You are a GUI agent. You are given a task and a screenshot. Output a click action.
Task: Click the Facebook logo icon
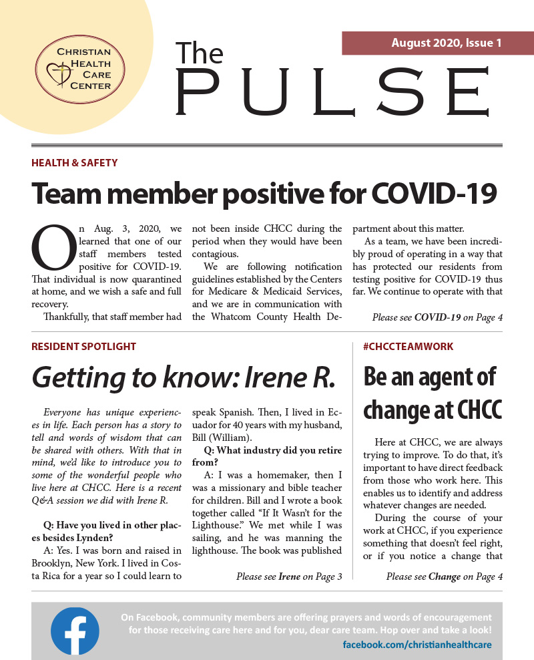coord(75,631)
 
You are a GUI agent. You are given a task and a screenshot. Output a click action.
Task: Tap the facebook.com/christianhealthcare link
coord(417,645)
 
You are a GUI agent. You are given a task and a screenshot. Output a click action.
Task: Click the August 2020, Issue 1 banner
coord(437,43)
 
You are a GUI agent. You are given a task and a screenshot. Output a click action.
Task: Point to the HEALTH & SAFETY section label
coord(74,162)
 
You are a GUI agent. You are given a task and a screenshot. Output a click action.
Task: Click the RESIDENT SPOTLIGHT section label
coord(83,346)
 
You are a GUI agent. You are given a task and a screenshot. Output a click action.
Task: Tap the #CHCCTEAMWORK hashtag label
coord(408,346)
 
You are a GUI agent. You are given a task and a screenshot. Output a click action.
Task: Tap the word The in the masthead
coord(200,54)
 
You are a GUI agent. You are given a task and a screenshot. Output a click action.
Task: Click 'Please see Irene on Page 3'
coord(289,576)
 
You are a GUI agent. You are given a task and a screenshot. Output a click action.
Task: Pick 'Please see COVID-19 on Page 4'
coord(437,317)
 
